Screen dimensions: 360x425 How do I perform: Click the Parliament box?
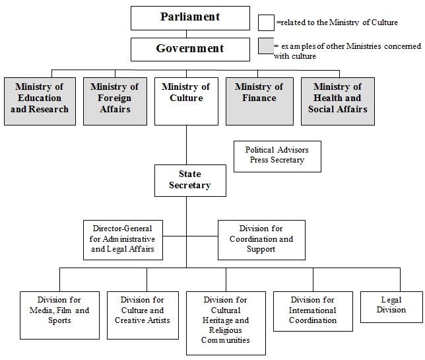point(189,18)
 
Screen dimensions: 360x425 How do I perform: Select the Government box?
point(189,49)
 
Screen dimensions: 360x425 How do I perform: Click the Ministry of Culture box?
point(186,101)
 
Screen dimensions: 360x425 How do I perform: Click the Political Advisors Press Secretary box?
point(277,155)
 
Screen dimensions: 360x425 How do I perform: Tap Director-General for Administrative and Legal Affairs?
point(123,238)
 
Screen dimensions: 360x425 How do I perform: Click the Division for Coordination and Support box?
point(261,238)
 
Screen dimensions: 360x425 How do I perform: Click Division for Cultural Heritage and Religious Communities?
point(226,322)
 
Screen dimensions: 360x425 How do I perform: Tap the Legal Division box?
point(391,306)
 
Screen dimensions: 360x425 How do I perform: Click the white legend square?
point(267,23)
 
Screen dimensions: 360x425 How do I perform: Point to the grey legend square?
point(267,47)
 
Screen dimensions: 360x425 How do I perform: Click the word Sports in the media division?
point(59,320)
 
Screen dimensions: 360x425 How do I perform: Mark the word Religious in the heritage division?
point(226,330)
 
